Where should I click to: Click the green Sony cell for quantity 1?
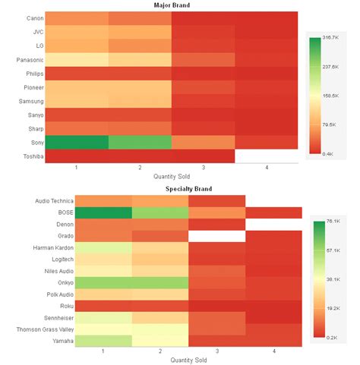tap(77, 142)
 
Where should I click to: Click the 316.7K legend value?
tap(330, 37)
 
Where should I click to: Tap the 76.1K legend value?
tap(332, 222)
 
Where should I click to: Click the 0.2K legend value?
tap(332, 337)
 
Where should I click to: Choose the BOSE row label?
tap(44, 214)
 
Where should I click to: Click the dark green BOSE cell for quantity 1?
tap(103, 213)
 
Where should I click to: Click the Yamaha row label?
tap(42, 341)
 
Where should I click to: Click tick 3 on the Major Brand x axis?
tap(203, 167)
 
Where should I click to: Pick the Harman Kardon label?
tap(32, 247)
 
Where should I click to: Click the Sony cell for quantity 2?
tap(140, 142)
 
